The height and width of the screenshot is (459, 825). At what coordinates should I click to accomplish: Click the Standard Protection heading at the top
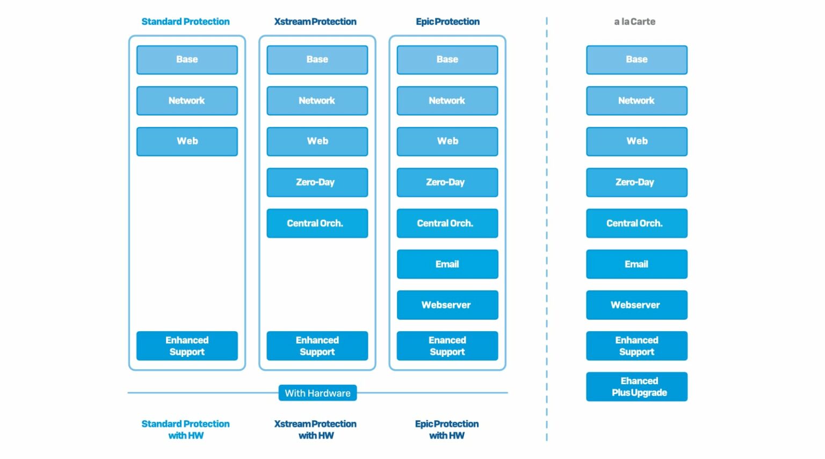(185, 21)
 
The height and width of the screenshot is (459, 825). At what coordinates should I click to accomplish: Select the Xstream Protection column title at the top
(315, 21)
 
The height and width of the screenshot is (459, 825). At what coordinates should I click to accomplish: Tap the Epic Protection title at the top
(447, 21)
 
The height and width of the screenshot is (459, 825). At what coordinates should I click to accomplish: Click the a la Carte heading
(634, 21)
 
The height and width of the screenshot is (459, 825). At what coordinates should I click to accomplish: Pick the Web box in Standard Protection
(187, 141)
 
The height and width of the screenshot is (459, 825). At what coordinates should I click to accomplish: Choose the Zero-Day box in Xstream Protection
(317, 182)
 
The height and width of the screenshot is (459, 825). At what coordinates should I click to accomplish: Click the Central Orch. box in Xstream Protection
(317, 223)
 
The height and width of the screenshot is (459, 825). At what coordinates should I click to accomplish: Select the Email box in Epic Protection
(447, 264)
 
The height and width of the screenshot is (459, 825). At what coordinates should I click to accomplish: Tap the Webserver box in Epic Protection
(447, 305)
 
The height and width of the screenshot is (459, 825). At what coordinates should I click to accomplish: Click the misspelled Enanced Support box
(447, 346)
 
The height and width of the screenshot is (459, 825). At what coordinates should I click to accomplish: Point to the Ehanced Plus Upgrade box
(636, 386)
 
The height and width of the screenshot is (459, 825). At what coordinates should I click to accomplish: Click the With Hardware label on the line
(317, 393)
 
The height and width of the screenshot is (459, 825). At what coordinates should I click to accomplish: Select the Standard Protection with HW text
(185, 429)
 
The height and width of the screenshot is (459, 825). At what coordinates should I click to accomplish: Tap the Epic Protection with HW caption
(446, 429)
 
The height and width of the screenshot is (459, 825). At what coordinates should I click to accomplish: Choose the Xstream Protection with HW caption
(315, 429)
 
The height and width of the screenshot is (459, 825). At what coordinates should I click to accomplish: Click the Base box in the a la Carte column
(636, 60)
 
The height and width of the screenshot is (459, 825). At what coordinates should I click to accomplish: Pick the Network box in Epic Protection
(447, 101)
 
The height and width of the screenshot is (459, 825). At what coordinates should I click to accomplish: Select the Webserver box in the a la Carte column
(636, 305)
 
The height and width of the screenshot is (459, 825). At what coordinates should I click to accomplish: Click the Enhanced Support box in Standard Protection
(187, 346)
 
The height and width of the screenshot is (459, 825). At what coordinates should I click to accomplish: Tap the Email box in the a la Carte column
(636, 264)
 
